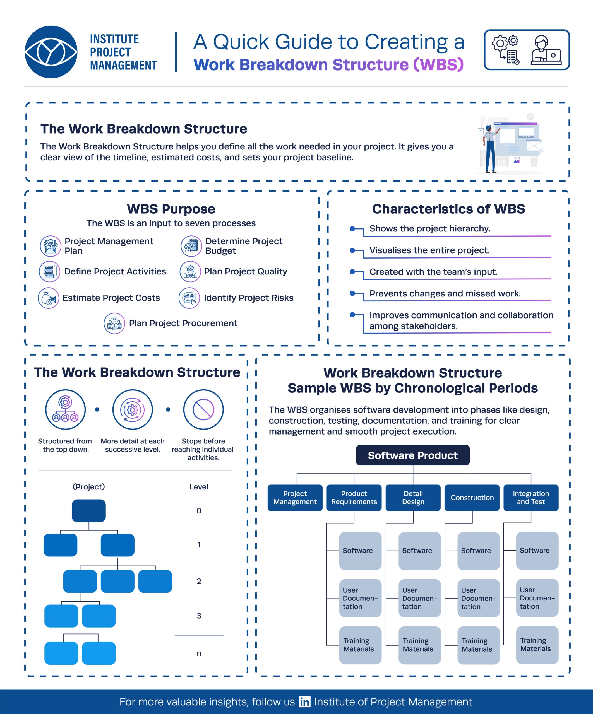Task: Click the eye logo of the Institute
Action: coord(51,52)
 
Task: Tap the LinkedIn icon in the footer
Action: coord(304,701)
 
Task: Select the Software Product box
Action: coord(413,455)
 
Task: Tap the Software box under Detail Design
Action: coord(419,551)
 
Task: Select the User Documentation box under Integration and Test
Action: coord(537,598)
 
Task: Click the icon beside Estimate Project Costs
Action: coord(48,298)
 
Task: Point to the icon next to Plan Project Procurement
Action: coord(114,323)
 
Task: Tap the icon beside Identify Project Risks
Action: coord(189,298)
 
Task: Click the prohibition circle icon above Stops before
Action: coord(203,410)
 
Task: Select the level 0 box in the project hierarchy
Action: coord(89,511)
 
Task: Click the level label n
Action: coord(199,653)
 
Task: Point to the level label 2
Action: coord(199,581)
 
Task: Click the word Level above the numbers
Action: coord(199,487)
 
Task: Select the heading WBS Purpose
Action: coord(171,209)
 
